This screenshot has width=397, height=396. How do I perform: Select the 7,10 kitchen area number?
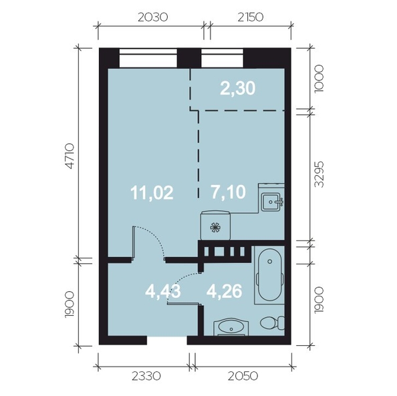tap(229, 193)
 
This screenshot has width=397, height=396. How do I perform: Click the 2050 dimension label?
tap(242, 377)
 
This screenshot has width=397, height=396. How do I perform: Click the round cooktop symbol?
tap(215, 227)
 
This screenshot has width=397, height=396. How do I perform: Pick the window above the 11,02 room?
tap(148, 57)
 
